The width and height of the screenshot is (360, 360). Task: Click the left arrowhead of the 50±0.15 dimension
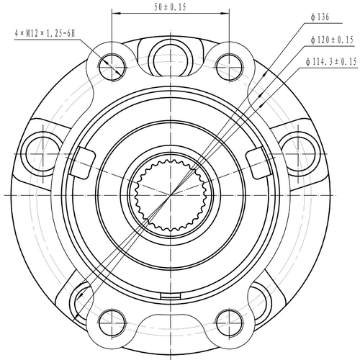pyautogui.click(x=116, y=14)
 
